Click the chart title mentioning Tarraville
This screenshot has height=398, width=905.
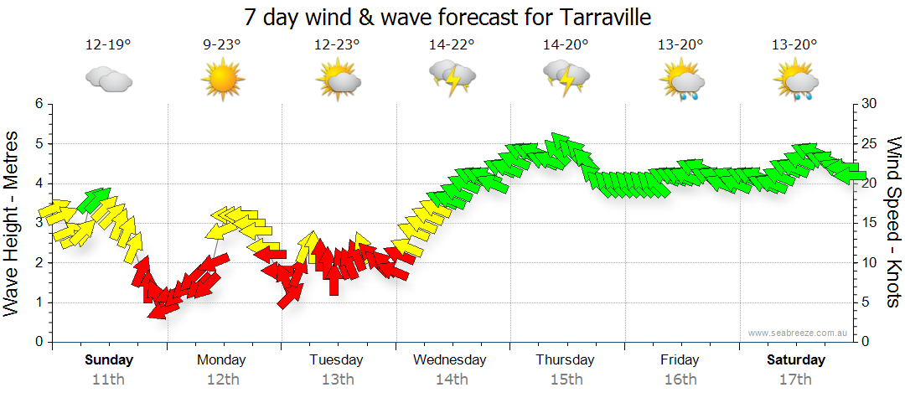pos(447,17)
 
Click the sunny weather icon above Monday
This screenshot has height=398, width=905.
pos(222,80)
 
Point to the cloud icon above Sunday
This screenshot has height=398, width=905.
pos(108,80)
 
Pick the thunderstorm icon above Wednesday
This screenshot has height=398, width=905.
pos(452,80)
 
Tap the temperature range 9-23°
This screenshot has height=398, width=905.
pos(222,45)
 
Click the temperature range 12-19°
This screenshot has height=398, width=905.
pos(108,45)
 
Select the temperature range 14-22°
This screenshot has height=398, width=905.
pos(452,45)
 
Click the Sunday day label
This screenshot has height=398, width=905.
pos(109,360)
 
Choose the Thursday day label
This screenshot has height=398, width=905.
pos(566,360)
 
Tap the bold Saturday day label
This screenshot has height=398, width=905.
pos(796,360)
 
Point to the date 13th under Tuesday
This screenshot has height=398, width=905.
pos(337,380)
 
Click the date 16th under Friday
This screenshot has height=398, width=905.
pos(680,380)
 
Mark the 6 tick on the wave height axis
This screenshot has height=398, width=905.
pos(39,104)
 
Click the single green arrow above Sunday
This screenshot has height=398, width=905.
pos(94,199)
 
